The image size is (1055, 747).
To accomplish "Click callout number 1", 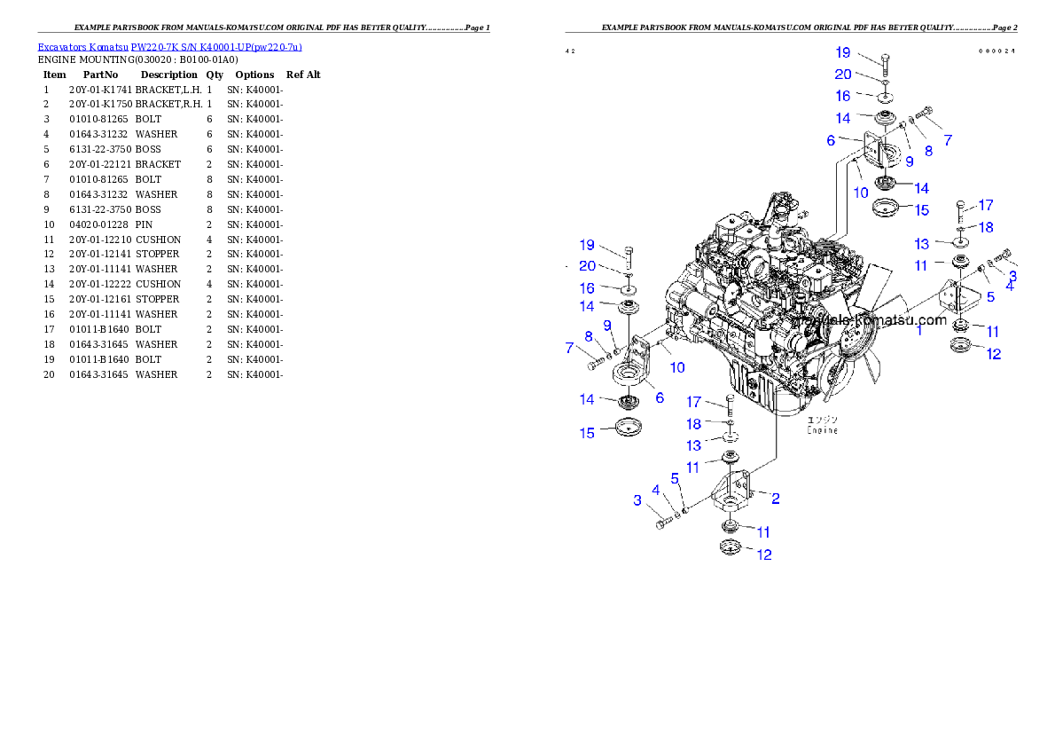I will pyautogui.click(x=919, y=331).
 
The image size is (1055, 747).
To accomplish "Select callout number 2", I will pyautogui.click(x=775, y=499).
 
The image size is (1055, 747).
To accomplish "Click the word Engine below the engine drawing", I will pyautogui.click(x=822, y=430).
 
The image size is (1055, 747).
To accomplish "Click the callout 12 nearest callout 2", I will pyautogui.click(x=763, y=554).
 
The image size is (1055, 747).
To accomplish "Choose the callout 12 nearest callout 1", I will pyautogui.click(x=994, y=353).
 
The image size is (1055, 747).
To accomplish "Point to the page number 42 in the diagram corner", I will pyautogui.click(x=570, y=51).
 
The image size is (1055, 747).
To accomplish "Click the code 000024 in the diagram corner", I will pyautogui.click(x=996, y=51).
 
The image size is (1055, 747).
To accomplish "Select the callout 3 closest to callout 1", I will pyautogui.click(x=1012, y=275).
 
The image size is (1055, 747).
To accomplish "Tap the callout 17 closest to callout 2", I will pyautogui.click(x=694, y=403).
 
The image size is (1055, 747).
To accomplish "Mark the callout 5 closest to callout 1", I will pyautogui.click(x=990, y=297).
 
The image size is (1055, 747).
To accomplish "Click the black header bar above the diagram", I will pyautogui.click(x=791, y=32).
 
